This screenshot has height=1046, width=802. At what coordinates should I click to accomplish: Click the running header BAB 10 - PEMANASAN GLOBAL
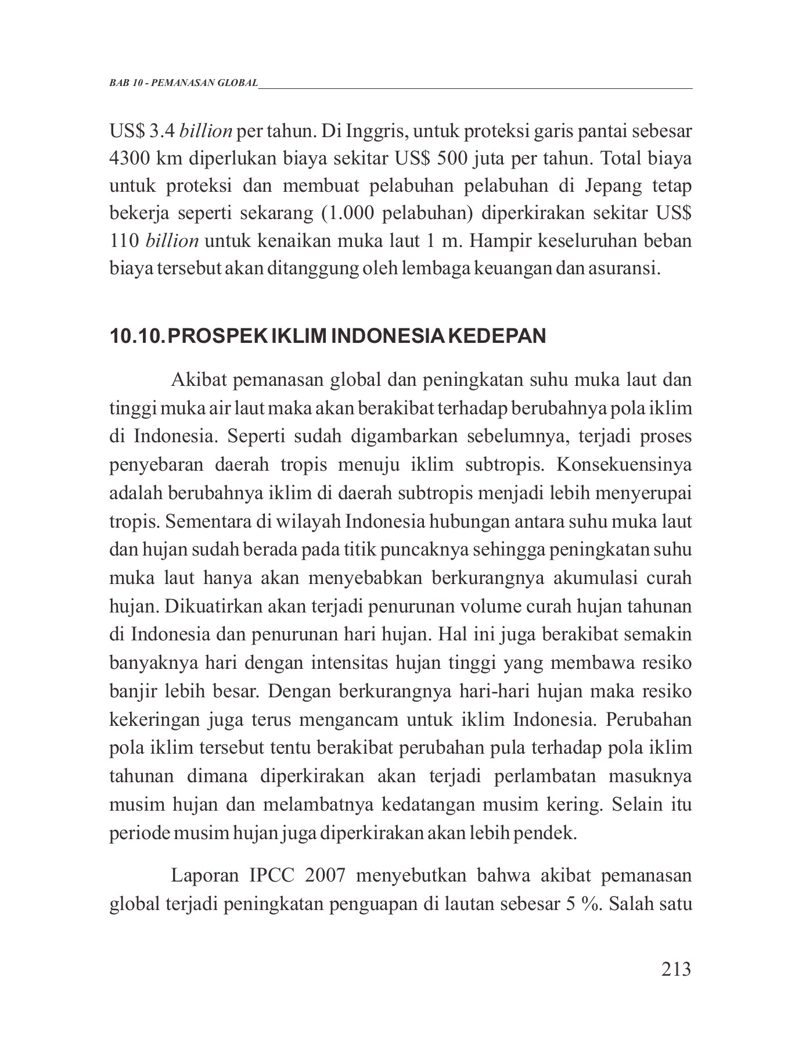coord(184,83)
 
